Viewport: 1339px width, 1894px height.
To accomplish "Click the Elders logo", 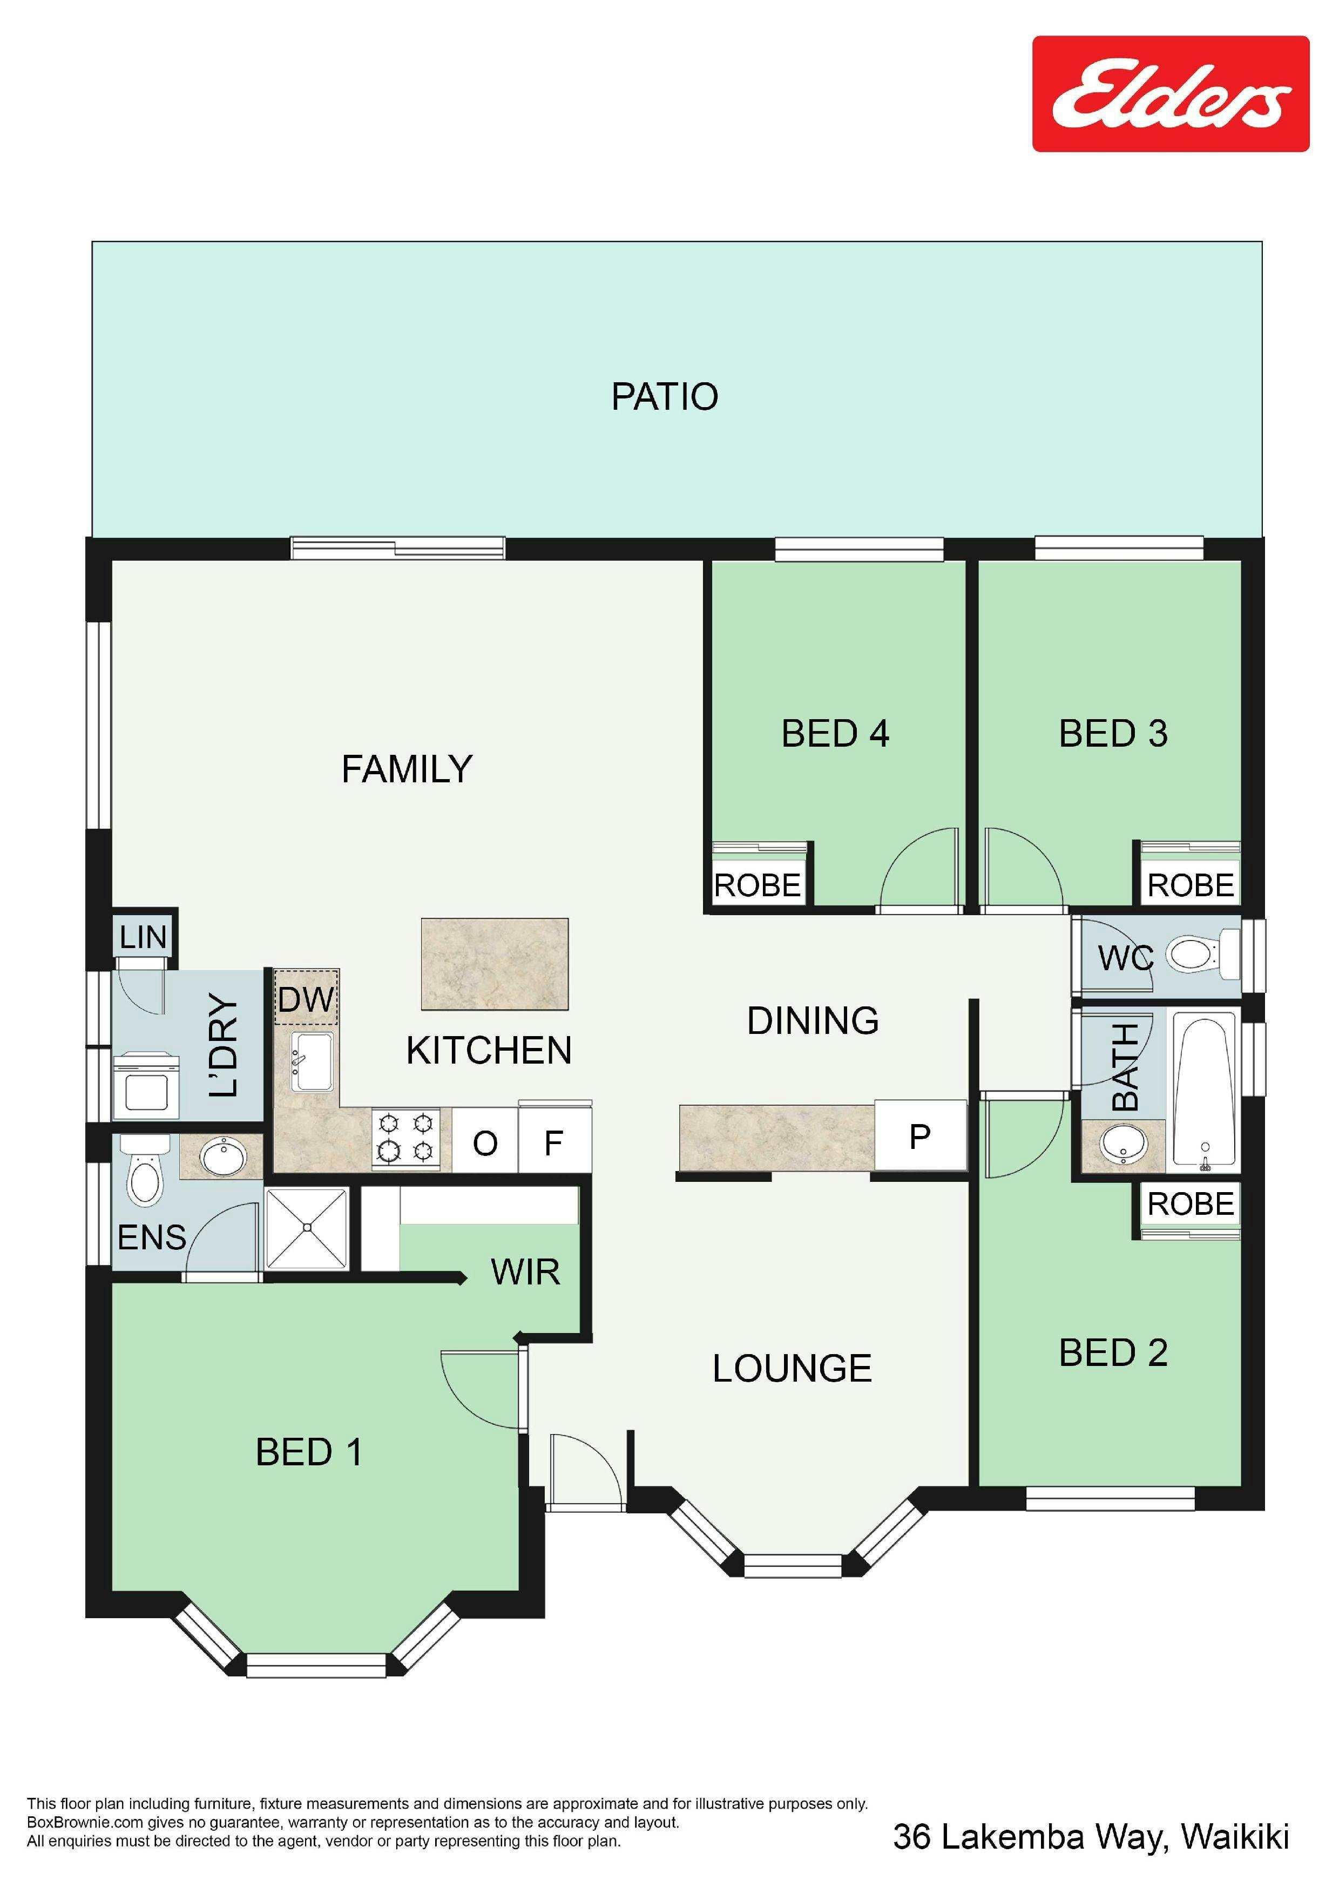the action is tap(1170, 93).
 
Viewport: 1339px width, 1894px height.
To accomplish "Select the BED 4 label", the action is tap(835, 733).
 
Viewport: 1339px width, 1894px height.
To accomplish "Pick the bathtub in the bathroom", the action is tap(1205, 1091).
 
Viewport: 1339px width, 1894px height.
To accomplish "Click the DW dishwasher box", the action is tap(305, 998).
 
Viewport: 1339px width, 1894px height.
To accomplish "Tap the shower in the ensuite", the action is tap(307, 1228).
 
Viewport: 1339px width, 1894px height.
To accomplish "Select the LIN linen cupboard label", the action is tap(143, 937).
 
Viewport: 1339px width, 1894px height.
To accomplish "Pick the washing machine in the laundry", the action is tap(146, 1086).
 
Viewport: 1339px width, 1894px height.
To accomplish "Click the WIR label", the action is tap(525, 1271).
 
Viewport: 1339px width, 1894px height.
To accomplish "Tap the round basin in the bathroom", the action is tap(1123, 1144).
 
